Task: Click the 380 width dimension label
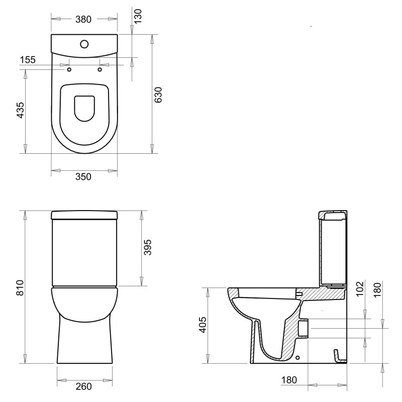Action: (83, 19)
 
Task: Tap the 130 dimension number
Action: (138, 16)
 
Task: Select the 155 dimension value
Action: (28, 60)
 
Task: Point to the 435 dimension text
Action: (20, 110)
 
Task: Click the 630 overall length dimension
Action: (158, 95)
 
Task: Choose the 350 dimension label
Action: (83, 177)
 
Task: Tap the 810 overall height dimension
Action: (20, 287)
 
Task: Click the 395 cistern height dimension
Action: (148, 247)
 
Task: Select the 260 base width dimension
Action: (84, 386)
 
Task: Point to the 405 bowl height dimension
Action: (203, 325)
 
